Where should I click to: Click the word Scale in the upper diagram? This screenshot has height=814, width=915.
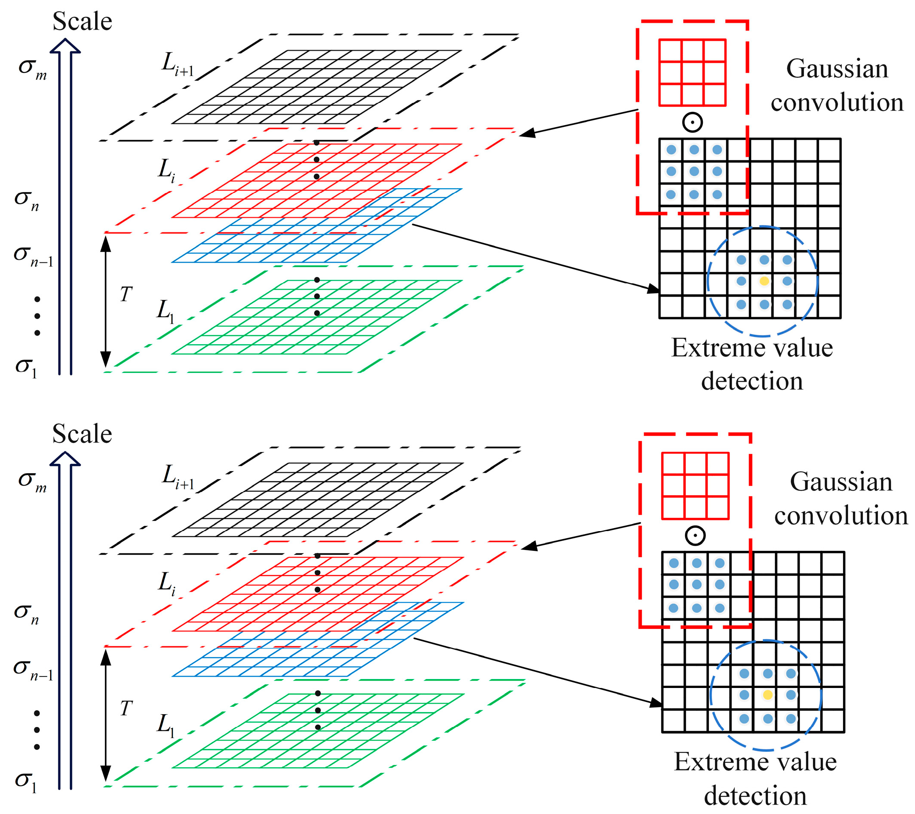pos(82,21)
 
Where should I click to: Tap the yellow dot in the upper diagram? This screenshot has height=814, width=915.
pos(764,281)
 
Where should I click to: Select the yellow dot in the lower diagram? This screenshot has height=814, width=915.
pos(768,695)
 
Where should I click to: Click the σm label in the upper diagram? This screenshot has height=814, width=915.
pos(32,68)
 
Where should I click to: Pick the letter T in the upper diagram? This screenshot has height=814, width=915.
pos(126,294)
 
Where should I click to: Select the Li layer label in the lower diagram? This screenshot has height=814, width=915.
pos(167,584)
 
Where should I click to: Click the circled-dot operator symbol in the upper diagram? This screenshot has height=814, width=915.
pos(693,122)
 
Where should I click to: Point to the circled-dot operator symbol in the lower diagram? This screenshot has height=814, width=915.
pos(695,535)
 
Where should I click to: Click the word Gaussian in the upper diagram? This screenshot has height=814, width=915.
pos(837,69)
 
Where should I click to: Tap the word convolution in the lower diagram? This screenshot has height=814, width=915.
pos(841,516)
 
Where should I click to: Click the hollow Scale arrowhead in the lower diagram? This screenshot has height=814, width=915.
pos(65,460)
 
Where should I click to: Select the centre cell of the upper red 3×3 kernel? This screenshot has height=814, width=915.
pos(693,72)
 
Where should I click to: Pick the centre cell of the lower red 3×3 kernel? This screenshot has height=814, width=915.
pos(695,486)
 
